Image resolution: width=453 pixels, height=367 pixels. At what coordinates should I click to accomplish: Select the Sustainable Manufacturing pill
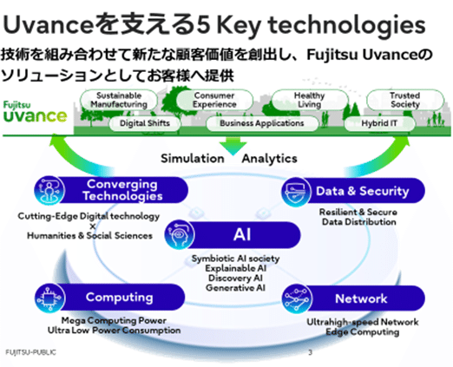(121, 99)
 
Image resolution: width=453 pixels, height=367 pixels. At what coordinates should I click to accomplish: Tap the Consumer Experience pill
(213, 99)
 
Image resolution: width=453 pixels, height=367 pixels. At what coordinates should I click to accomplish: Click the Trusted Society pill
(404, 99)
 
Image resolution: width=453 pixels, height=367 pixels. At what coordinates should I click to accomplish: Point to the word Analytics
(269, 159)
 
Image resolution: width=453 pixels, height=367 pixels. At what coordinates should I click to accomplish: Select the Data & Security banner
(351, 189)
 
